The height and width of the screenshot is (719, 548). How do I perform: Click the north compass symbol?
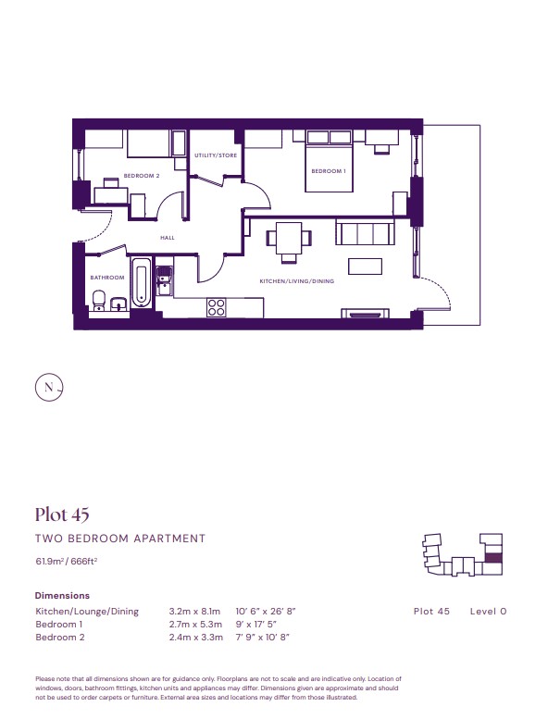49,388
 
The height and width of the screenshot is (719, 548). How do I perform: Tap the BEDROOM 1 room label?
329,171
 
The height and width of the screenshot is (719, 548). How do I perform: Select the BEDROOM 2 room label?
142,176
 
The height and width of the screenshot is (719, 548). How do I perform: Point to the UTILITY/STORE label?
216,155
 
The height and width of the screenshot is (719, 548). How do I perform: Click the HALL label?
168,238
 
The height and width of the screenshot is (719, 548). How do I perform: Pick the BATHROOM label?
107,278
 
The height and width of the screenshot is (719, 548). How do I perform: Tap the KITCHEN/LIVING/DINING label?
297,281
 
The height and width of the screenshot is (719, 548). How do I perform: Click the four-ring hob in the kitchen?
216,307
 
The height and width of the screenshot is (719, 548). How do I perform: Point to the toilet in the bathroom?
99,301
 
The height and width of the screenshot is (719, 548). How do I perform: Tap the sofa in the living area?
365,232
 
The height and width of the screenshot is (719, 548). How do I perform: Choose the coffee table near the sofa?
365,267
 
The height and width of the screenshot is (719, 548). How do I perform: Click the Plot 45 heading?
62,514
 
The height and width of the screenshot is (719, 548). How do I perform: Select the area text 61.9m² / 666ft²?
67,561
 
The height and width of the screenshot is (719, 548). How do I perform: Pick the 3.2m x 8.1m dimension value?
195,612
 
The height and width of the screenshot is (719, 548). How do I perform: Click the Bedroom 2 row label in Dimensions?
60,637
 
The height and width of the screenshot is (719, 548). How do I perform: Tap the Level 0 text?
489,612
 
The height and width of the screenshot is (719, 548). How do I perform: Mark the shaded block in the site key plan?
493,558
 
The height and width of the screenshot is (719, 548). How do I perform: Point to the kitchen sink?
164,281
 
